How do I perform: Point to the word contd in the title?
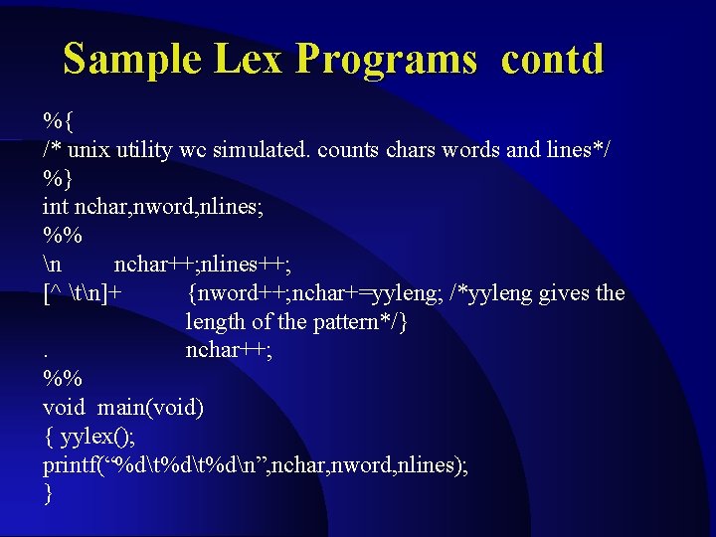coord(552,60)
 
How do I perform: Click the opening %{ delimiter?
coord(57,121)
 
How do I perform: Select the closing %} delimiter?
coord(57,179)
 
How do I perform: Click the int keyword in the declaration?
coord(55,208)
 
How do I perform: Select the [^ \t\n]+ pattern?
coord(83,293)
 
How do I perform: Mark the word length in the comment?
coord(216,322)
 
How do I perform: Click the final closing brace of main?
coord(48,494)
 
